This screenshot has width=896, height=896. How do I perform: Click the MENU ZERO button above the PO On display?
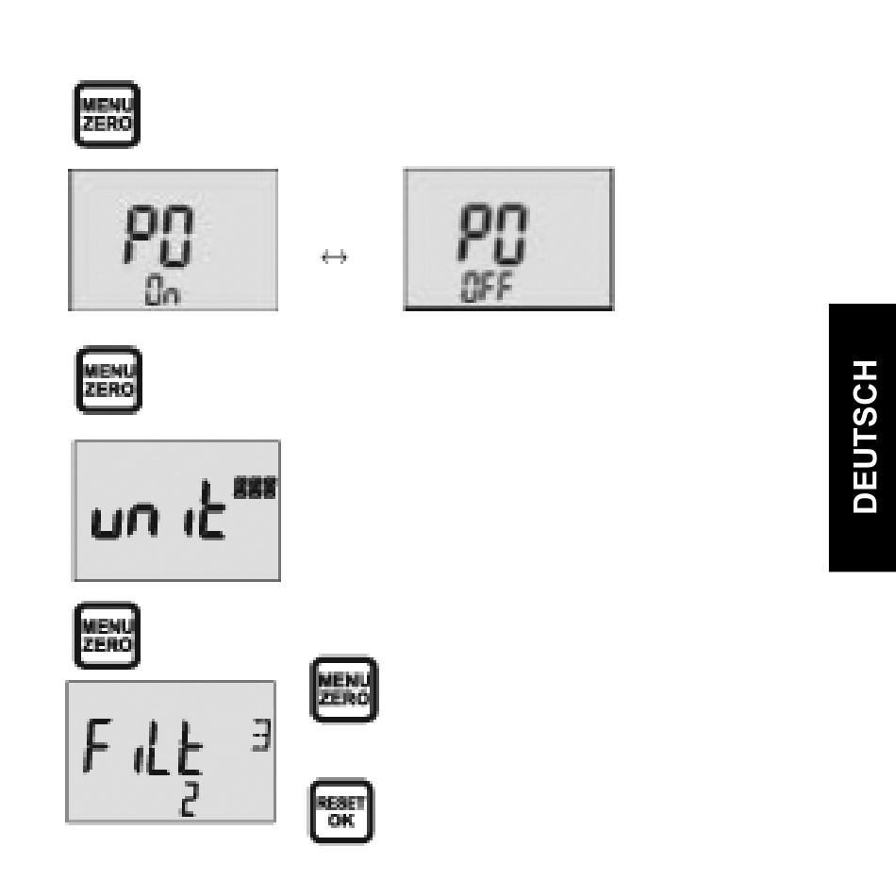(107, 114)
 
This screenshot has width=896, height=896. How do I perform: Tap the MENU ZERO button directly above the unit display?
(108, 379)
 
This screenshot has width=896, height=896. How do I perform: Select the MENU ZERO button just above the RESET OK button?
(343, 689)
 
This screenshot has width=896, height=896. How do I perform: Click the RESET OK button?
(341, 811)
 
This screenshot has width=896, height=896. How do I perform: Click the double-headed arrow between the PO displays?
(335, 257)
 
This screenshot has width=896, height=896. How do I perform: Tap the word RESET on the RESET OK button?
(341, 802)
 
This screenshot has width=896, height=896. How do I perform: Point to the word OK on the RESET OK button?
(341, 821)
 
